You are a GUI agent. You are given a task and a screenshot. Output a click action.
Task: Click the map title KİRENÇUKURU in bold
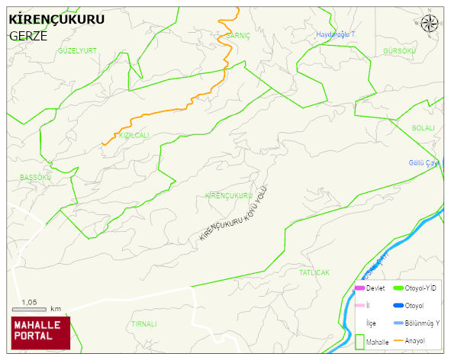click(x=56, y=21)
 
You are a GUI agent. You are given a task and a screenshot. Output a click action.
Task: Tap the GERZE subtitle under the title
click(x=27, y=36)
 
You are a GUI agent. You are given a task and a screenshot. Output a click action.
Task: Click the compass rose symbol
click(x=430, y=24)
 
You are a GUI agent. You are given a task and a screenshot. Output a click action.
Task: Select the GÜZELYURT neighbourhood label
click(x=78, y=50)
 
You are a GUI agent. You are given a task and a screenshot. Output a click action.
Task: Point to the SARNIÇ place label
click(x=239, y=36)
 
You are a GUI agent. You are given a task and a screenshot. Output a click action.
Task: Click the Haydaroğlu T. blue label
click(x=336, y=35)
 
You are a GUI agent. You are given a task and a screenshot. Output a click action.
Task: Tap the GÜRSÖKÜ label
click(x=400, y=50)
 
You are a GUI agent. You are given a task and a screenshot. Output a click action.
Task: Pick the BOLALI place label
click(x=422, y=128)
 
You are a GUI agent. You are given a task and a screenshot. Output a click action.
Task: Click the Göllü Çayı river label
click(x=424, y=162)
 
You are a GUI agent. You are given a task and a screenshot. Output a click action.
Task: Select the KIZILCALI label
click(x=134, y=135)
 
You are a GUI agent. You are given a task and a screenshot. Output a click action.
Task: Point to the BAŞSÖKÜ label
click(x=35, y=177)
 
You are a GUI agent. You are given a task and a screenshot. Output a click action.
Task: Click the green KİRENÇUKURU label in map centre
click(x=228, y=196)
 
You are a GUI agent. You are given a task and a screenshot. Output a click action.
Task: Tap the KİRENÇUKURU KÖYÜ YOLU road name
click(x=234, y=214)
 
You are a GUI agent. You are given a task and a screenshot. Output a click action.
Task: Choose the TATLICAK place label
click(x=314, y=272)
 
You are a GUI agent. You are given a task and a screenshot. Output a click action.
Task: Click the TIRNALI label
click(x=143, y=323)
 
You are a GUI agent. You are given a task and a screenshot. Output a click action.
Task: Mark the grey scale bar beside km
click(x=30, y=309)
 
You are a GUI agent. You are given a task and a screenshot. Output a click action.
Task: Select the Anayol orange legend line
click(x=398, y=340)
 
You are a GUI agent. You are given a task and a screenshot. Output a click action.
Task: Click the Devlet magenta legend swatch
click(x=359, y=288)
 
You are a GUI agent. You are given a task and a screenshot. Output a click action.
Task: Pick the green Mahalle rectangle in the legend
click(x=359, y=341)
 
